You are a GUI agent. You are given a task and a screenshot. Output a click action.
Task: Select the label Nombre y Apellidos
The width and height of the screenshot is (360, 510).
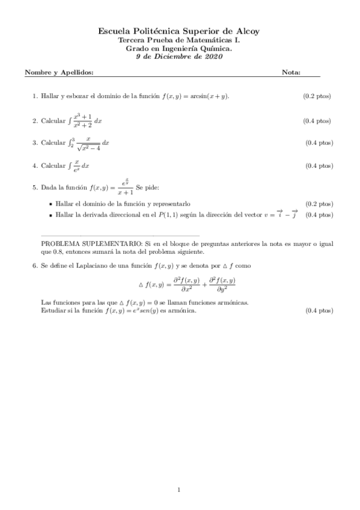[59, 73]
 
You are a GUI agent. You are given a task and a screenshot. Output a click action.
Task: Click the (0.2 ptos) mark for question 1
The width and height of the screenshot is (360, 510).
[317, 96]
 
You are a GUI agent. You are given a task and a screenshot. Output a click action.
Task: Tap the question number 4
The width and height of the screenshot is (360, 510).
[35, 165]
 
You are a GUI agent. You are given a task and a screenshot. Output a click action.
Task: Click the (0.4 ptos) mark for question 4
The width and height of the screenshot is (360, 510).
[319, 165]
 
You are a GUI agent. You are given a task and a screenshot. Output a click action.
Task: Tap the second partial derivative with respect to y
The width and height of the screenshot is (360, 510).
[221, 284]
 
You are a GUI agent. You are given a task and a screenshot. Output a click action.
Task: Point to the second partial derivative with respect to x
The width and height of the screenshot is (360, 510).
[186, 284]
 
